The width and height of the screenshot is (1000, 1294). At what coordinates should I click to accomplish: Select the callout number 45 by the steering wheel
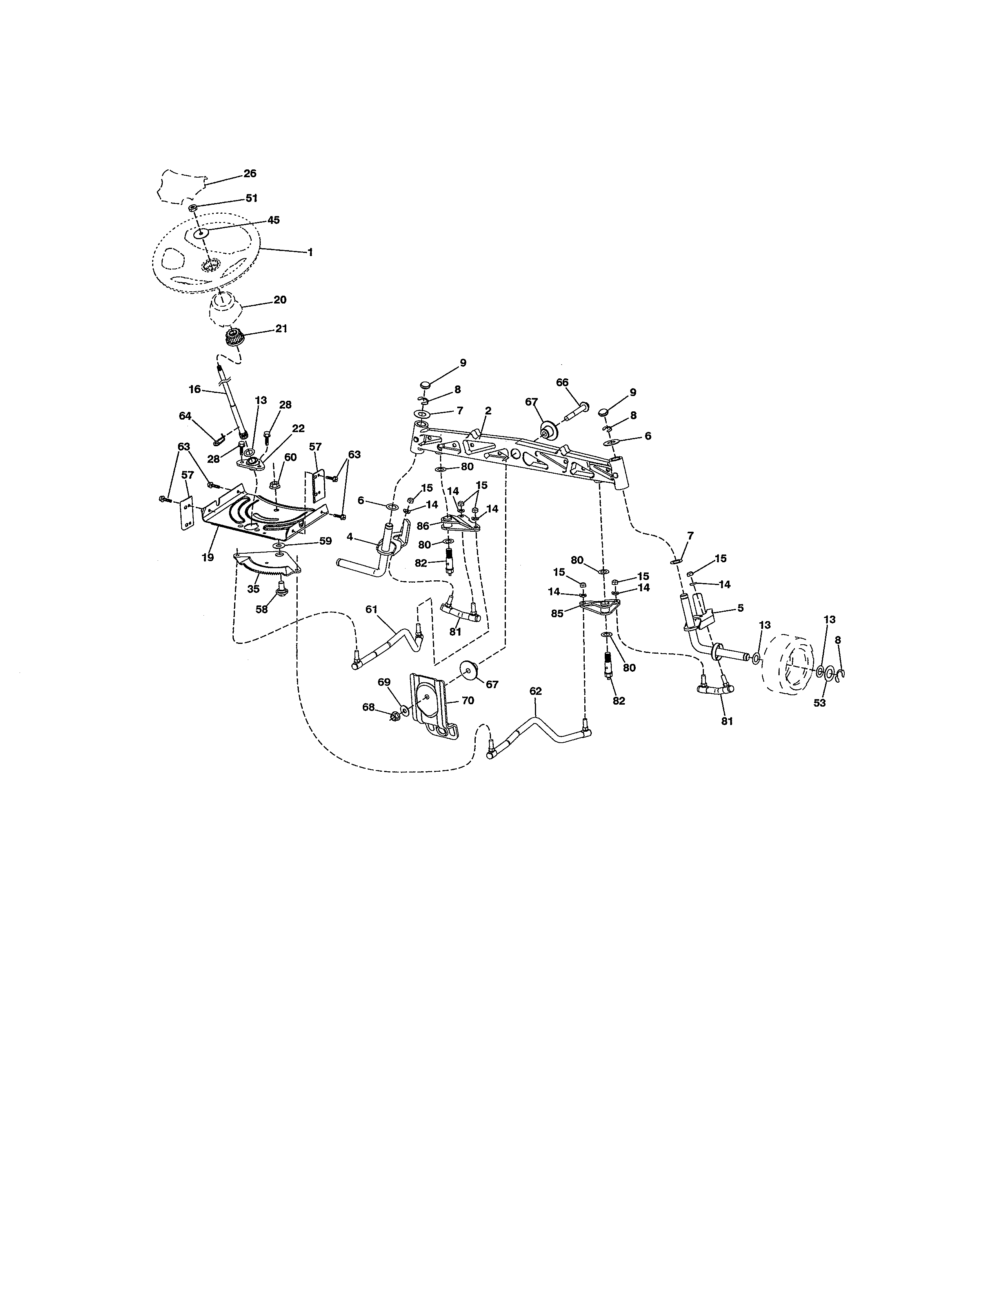pos(273,220)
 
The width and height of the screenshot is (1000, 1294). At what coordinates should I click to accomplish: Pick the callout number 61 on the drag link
pos(371,609)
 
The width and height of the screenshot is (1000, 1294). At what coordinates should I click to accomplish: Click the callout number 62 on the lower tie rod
pos(536,691)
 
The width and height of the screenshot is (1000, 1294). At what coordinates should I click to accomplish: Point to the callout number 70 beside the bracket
pos(467,700)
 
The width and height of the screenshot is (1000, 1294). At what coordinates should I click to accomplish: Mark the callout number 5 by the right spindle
pos(740,608)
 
